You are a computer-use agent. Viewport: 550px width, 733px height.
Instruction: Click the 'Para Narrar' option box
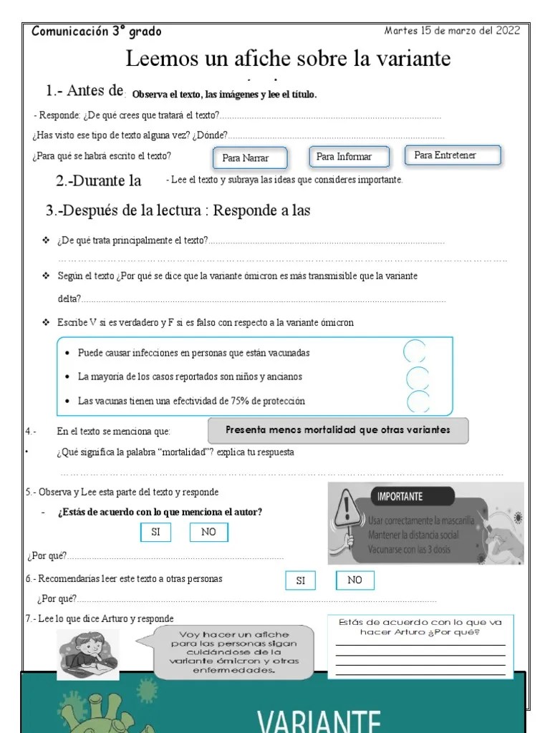click(x=251, y=158)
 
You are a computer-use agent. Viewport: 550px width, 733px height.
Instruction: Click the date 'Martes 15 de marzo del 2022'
click(x=452, y=31)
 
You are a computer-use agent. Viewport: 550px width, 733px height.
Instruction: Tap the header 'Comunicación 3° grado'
click(x=97, y=31)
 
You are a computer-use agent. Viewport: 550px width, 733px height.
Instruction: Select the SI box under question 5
click(x=155, y=533)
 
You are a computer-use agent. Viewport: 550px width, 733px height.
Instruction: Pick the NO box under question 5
click(x=208, y=533)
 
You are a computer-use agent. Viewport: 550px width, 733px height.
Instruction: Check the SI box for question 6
click(x=301, y=581)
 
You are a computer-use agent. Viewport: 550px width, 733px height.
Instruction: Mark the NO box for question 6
click(x=354, y=580)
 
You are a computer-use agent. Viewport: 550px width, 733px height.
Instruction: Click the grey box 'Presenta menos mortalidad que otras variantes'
click(x=338, y=431)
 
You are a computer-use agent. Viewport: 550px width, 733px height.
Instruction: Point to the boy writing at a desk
click(x=87, y=652)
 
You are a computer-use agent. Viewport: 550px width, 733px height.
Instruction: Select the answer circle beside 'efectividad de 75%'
click(x=418, y=401)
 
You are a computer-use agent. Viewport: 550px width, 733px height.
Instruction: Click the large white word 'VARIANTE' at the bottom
click(x=319, y=718)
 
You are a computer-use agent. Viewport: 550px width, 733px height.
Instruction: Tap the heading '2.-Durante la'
click(x=99, y=181)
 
